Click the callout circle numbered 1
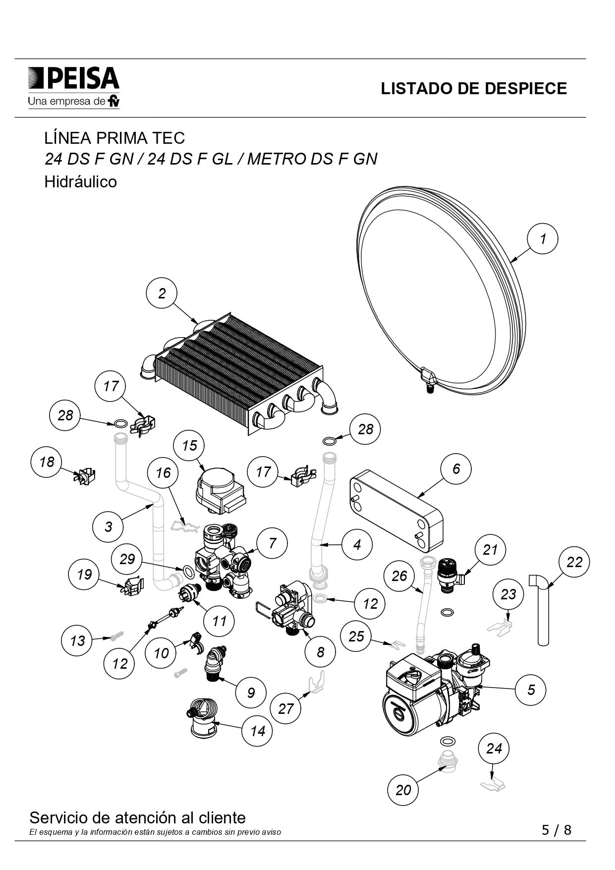(542, 239)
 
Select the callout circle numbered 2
(162, 293)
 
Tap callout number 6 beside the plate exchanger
(456, 468)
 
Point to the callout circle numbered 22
(574, 562)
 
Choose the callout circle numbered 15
(189, 446)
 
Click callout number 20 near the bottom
(403, 790)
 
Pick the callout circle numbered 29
(127, 559)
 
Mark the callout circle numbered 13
(77, 640)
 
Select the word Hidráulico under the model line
(81, 182)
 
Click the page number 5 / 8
(556, 830)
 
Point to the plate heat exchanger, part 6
(396, 508)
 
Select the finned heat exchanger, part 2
(238, 372)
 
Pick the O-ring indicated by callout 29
(189, 572)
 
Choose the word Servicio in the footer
(58, 817)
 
